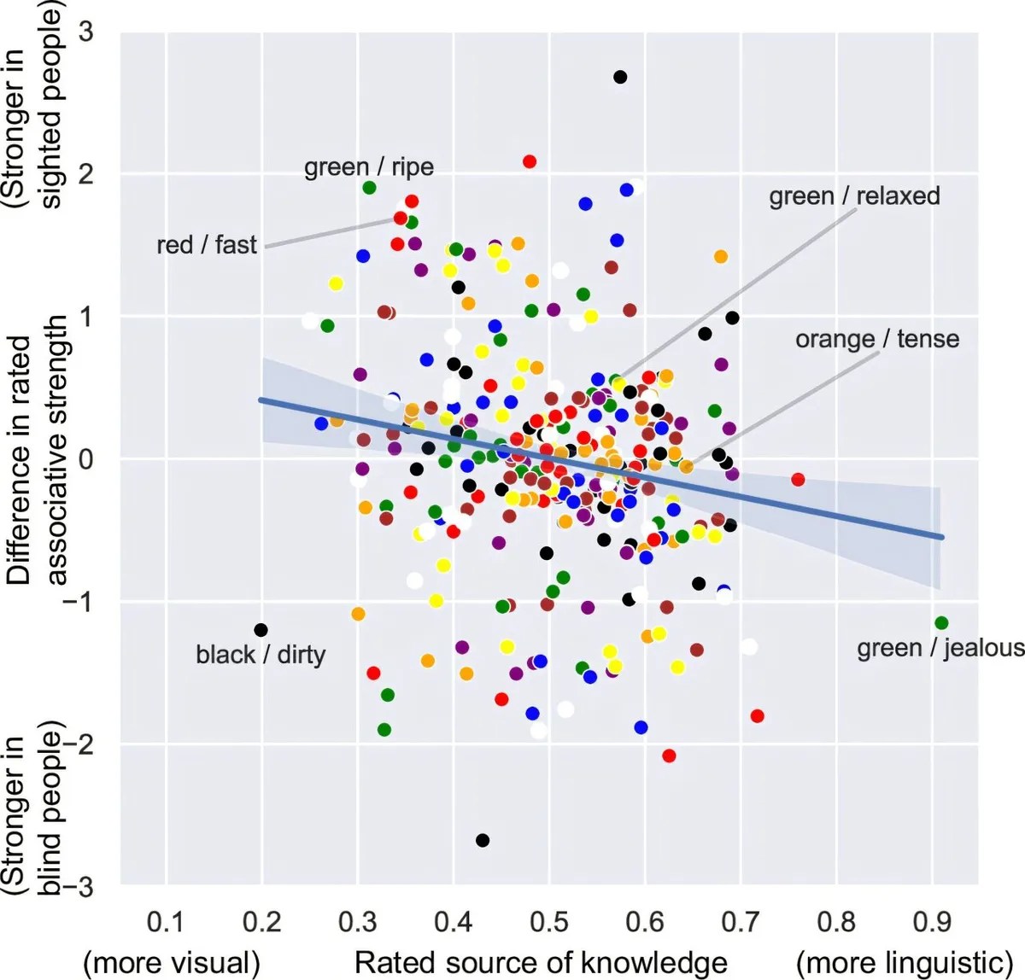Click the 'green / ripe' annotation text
[369, 167]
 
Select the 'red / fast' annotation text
[207, 245]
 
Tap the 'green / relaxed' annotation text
[854, 196]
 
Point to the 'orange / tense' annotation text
[877, 339]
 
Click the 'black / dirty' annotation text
[261, 655]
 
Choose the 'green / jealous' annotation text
[940, 648]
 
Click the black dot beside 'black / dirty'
[261, 630]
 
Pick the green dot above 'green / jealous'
[941, 623]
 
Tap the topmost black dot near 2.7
[621, 77]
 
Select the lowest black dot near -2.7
[483, 840]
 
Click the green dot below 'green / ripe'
[369, 188]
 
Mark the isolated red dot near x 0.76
[799, 480]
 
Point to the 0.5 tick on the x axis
[548, 922]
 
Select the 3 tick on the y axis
[86, 32]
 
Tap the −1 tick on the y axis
[78, 602]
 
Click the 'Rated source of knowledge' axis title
[541, 962]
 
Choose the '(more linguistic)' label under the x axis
[905, 962]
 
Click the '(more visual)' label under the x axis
[172, 962]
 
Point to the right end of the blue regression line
[943, 537]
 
